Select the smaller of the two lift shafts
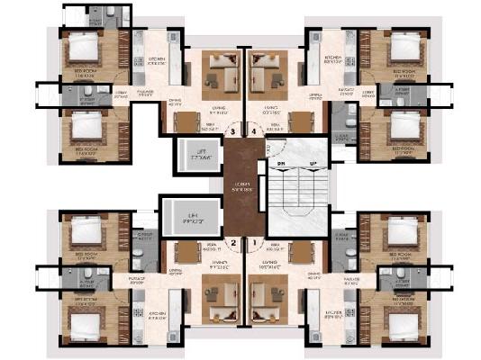click(195, 153)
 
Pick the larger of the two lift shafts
click(188, 218)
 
